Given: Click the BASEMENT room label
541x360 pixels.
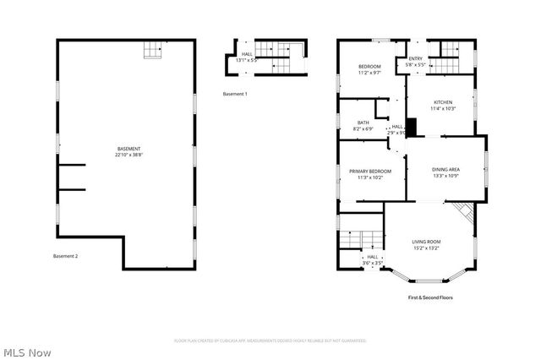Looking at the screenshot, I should (x=128, y=149).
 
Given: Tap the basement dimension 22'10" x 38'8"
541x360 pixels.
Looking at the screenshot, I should (x=128, y=155).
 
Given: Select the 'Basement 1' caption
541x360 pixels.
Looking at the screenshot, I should (x=235, y=94).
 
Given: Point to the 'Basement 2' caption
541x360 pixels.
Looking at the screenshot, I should (x=65, y=256).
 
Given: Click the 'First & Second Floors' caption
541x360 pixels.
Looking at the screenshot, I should (x=431, y=297).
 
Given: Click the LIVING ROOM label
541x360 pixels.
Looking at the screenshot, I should (x=426, y=242).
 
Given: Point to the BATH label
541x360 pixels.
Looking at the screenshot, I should (x=363, y=123).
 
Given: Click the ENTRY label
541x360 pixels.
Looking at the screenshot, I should (x=415, y=58).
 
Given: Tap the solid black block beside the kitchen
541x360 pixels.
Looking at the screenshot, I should (x=412, y=125).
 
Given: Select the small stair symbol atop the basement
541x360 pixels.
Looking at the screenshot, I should (x=151, y=51).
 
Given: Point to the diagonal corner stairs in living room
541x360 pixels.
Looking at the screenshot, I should (x=462, y=211).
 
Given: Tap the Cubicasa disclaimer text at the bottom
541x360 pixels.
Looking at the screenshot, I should (x=270, y=341).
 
